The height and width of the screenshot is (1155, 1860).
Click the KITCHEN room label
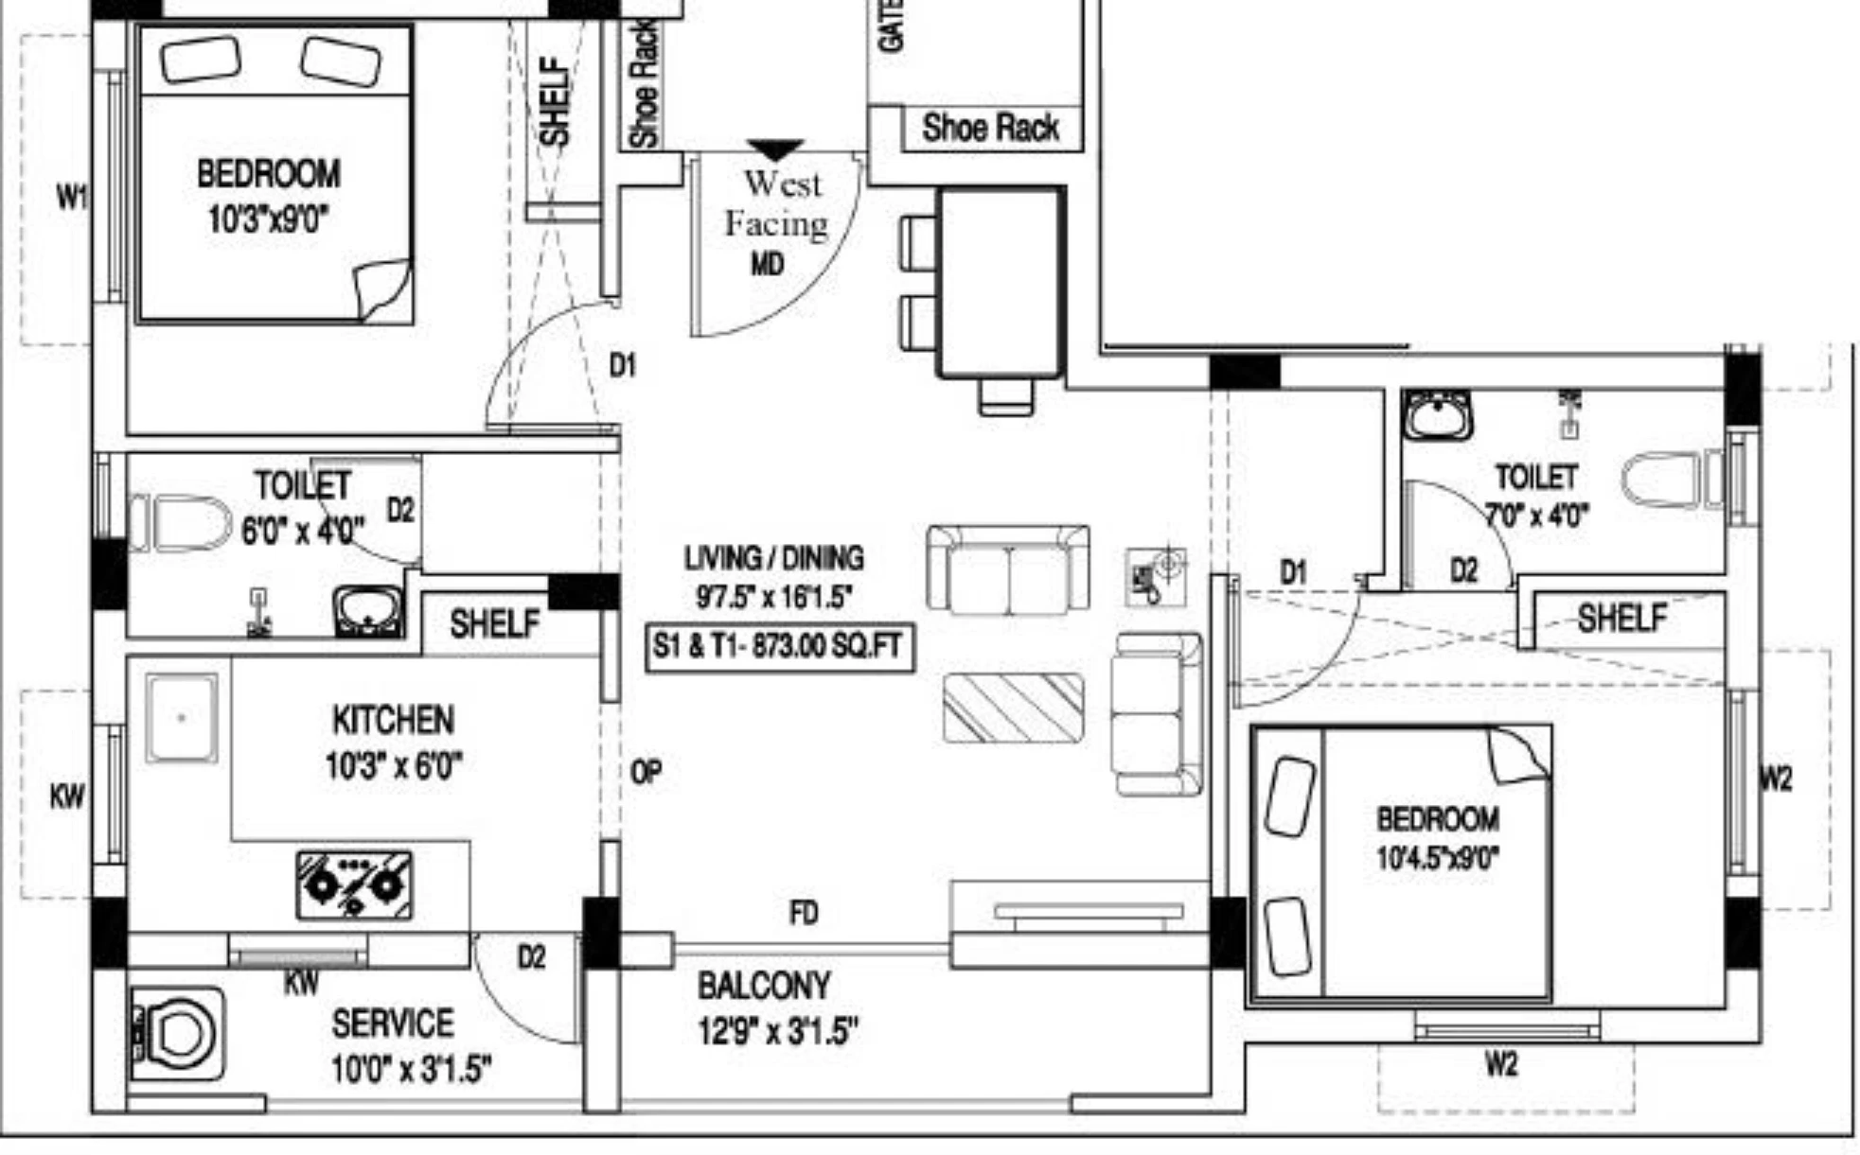click(393, 721)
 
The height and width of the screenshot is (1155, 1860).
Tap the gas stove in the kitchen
click(354, 885)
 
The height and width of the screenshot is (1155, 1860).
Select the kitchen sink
click(182, 718)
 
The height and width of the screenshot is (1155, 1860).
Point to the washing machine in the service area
click(178, 1034)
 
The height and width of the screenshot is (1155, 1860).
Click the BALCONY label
click(764, 987)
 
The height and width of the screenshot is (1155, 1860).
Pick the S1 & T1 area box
click(780, 648)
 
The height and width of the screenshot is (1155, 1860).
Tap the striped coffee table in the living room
click(1013, 708)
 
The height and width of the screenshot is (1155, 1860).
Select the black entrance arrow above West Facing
click(775, 149)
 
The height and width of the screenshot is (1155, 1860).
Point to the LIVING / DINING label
click(774, 558)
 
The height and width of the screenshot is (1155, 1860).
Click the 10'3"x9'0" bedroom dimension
click(268, 219)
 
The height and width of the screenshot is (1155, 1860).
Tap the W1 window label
click(73, 198)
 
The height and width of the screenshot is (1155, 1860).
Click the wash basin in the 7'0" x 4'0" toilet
click(1438, 415)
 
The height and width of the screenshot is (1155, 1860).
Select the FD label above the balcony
click(804, 913)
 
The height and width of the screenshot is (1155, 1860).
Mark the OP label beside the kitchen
click(646, 773)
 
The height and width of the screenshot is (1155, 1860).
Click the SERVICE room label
click(393, 1024)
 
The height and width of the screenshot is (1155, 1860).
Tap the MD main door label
click(767, 264)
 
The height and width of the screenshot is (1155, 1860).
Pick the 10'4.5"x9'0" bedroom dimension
click(1438, 858)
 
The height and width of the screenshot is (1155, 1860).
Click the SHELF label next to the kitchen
click(494, 623)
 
